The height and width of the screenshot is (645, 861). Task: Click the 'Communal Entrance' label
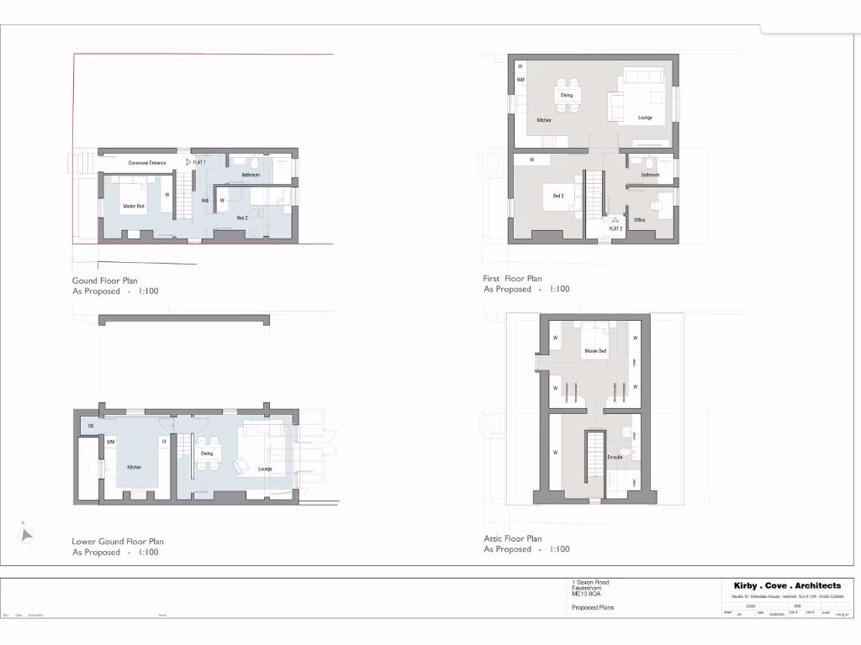click(147, 162)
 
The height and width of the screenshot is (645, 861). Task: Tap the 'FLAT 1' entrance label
click(199, 161)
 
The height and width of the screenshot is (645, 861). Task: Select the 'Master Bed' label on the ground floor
click(134, 205)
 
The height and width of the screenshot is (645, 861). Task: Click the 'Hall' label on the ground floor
click(205, 201)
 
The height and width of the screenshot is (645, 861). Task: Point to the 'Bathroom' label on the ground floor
click(251, 175)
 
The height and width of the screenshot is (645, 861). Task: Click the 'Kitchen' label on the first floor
click(544, 120)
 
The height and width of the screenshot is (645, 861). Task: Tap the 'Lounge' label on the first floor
click(645, 118)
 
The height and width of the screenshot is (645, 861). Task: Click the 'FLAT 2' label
click(615, 228)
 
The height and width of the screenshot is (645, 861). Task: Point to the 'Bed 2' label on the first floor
click(558, 196)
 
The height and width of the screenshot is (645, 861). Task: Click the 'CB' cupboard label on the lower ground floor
click(91, 427)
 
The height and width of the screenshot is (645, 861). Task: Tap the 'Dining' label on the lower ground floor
click(207, 454)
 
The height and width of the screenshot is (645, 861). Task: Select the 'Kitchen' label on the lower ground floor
click(134, 467)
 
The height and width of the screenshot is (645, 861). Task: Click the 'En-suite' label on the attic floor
click(615, 457)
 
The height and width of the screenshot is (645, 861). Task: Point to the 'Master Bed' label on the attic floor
click(595, 351)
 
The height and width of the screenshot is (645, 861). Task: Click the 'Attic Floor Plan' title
click(513, 538)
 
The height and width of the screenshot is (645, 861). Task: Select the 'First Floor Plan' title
click(513, 279)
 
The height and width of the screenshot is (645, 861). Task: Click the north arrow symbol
click(27, 535)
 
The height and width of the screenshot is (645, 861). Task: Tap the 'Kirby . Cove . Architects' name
click(787, 585)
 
